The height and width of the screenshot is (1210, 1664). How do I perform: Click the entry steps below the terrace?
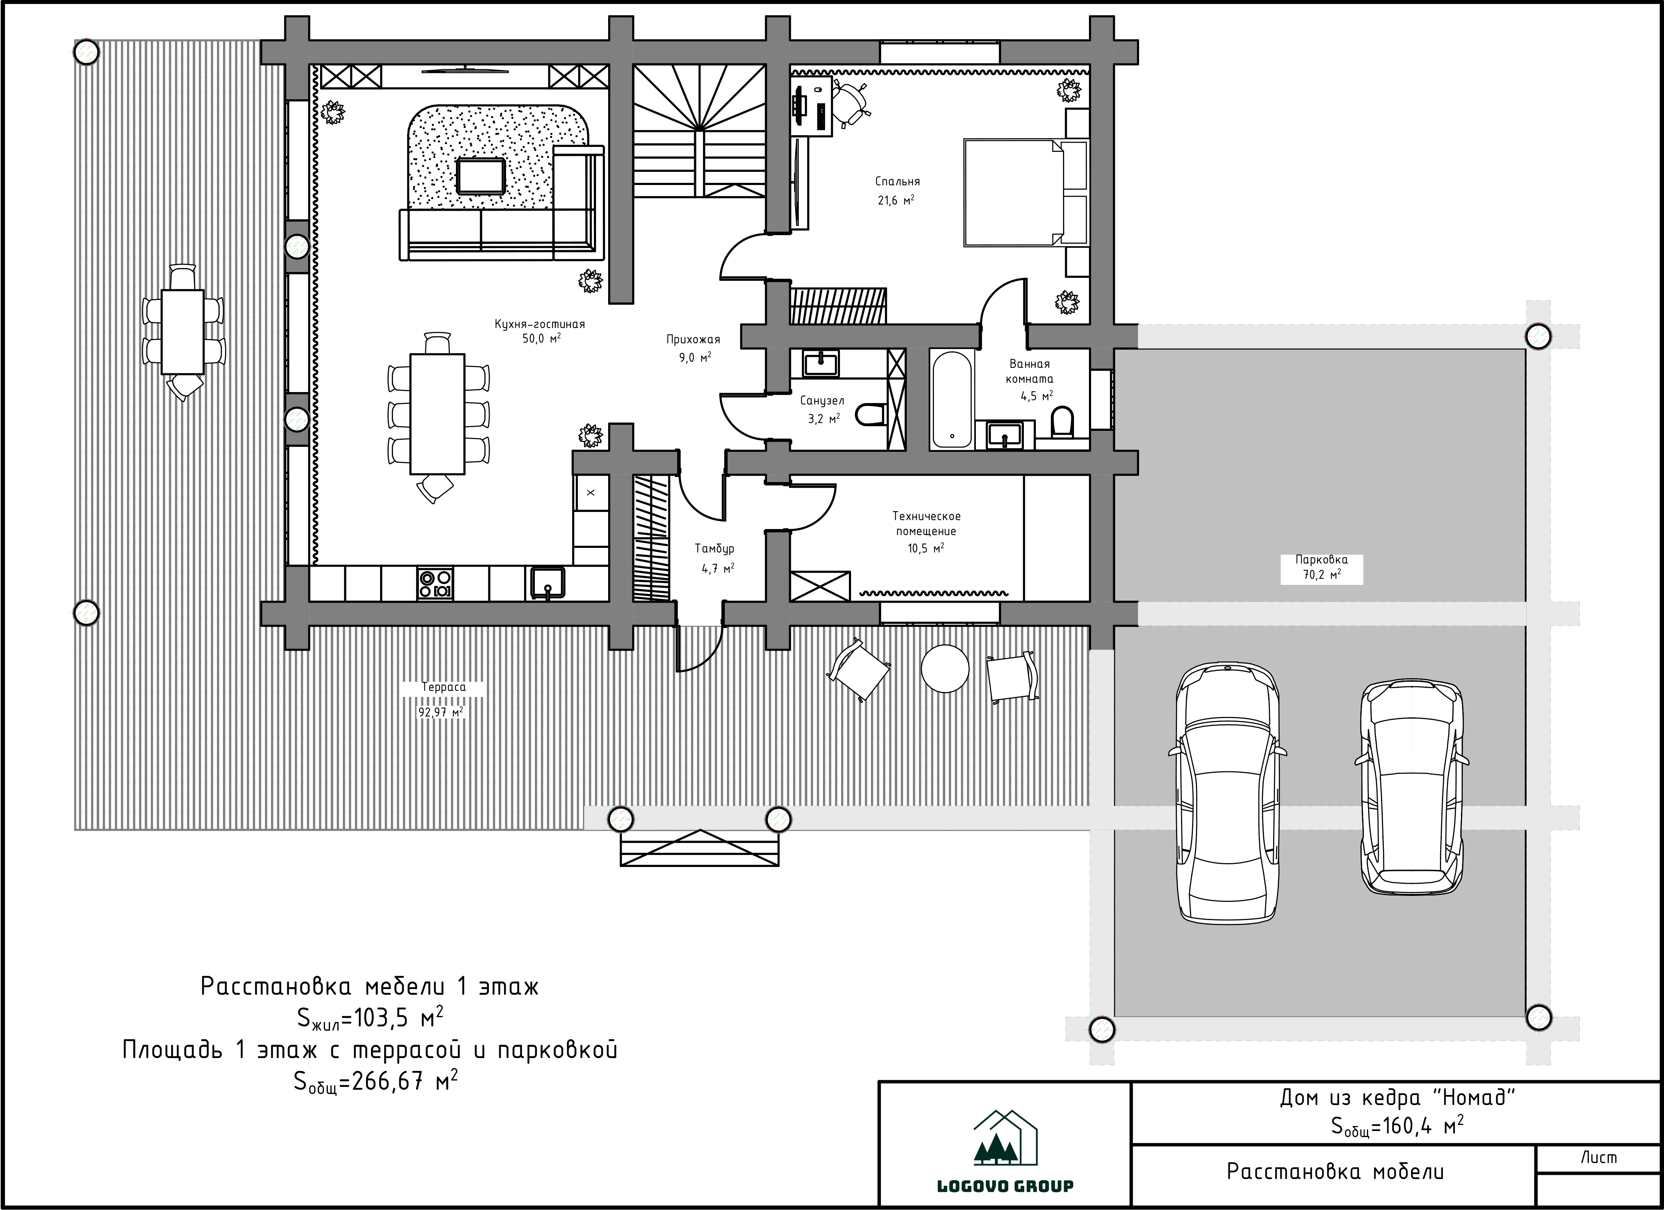click(700, 848)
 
